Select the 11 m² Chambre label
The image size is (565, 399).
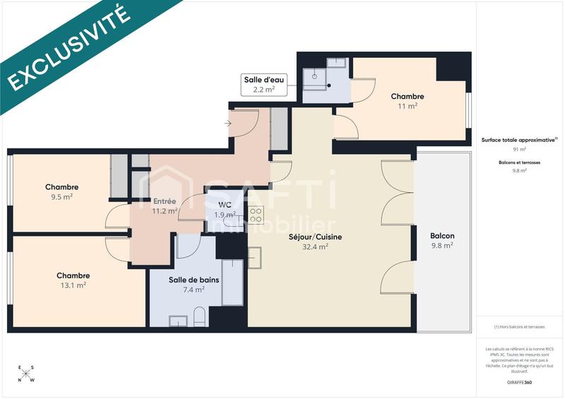click(x=408, y=101)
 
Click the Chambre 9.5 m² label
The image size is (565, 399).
click(x=62, y=192)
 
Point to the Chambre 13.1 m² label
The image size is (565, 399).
click(x=73, y=280)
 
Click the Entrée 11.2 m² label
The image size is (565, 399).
click(x=165, y=206)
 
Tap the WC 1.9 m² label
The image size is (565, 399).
click(x=225, y=210)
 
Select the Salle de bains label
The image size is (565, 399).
click(x=194, y=284)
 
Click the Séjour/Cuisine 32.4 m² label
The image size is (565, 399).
click(x=315, y=242)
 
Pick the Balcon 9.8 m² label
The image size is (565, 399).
click(x=442, y=241)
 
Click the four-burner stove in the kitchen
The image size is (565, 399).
click(x=256, y=215)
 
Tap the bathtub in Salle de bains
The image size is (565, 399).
click(x=232, y=282)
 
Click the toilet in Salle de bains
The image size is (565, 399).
click(x=199, y=317)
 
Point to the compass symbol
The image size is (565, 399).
click(x=26, y=373)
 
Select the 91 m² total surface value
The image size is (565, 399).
click(x=520, y=150)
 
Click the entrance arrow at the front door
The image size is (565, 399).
click(x=227, y=124)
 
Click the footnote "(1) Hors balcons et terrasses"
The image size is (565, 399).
click(x=520, y=326)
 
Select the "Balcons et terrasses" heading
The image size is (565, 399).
click(x=520, y=162)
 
